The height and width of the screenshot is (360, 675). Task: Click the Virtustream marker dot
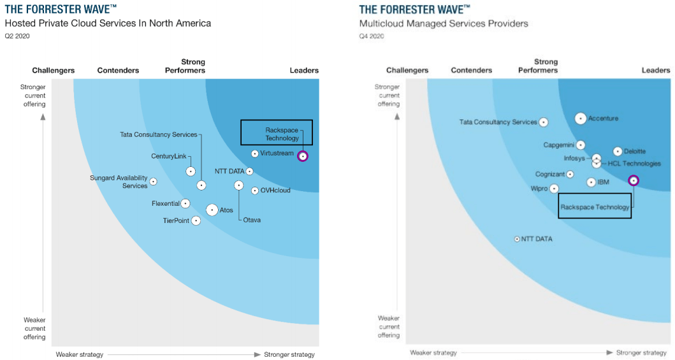pyautogui.click(x=255, y=154)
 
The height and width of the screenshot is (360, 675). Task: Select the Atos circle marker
pyautogui.click(x=212, y=210)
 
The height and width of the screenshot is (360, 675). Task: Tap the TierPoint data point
pyautogui.click(x=196, y=220)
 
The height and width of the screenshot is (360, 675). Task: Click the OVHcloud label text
pyautogui.click(x=275, y=191)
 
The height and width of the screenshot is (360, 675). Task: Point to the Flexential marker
pyautogui.click(x=185, y=204)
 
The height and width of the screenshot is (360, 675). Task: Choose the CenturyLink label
pyautogui.click(x=168, y=157)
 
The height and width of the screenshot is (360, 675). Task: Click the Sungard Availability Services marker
pyautogui.click(x=153, y=182)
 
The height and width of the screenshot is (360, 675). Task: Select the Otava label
pyautogui.click(x=252, y=220)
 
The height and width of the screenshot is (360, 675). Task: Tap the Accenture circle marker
pyautogui.click(x=580, y=118)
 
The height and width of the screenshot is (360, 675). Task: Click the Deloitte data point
pyautogui.click(x=617, y=152)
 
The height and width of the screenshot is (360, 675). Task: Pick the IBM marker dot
pyautogui.click(x=591, y=182)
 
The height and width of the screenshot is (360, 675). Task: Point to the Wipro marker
pyautogui.click(x=554, y=189)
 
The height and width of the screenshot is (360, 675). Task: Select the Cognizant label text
pyautogui.click(x=549, y=175)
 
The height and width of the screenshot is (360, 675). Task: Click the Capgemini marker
pyautogui.click(x=580, y=145)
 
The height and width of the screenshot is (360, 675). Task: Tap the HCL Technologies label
pyautogui.click(x=634, y=164)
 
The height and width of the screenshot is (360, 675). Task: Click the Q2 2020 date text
pyautogui.click(x=17, y=36)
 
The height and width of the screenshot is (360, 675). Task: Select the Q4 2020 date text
pyautogui.click(x=372, y=36)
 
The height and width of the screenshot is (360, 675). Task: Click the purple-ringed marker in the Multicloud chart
pyautogui.click(x=633, y=181)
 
